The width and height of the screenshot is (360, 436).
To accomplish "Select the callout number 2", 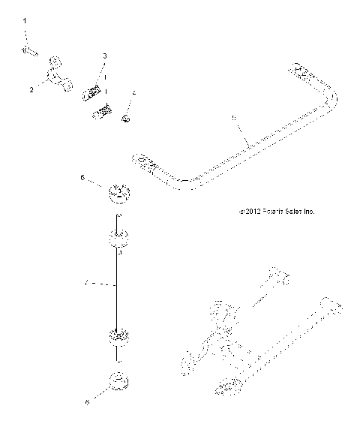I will (x=31, y=89).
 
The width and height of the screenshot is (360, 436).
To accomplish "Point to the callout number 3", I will (x=104, y=56).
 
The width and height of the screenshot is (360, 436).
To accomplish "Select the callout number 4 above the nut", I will (x=133, y=93).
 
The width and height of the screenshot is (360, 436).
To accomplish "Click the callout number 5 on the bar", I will (x=234, y=118).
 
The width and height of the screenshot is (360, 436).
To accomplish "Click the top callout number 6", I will (x=82, y=179).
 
